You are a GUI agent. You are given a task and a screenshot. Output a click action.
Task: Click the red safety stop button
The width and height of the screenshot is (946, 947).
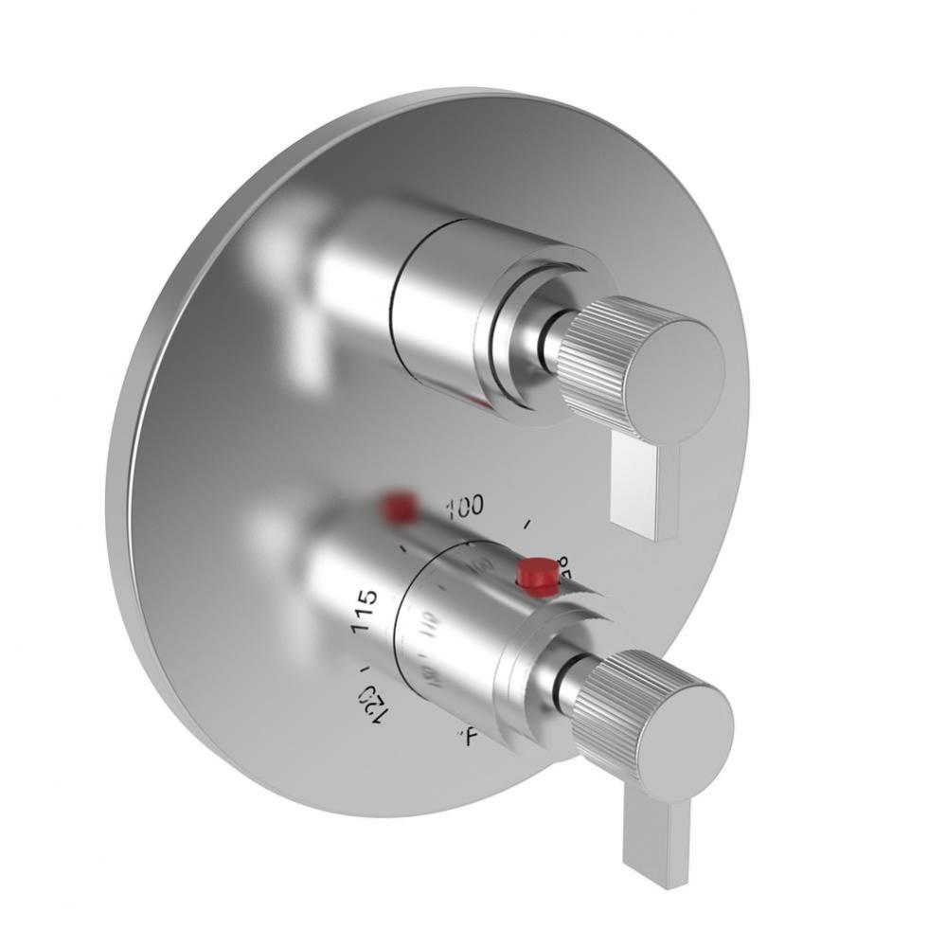tap(536, 575)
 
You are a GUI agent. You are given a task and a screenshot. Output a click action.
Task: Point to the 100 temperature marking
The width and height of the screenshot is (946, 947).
tap(464, 507)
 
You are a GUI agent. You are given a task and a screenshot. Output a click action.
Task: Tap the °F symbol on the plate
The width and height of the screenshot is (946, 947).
tap(465, 732)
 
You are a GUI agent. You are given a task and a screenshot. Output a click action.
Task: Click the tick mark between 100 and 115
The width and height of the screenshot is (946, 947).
tap(405, 546)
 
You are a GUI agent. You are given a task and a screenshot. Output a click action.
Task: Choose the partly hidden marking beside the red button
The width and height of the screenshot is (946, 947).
tap(566, 565)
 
